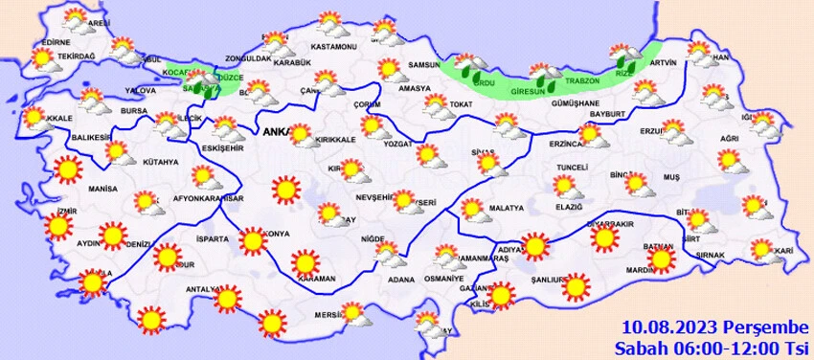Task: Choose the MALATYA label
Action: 506,208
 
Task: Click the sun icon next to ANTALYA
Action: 227,300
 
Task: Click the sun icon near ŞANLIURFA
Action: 576,285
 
